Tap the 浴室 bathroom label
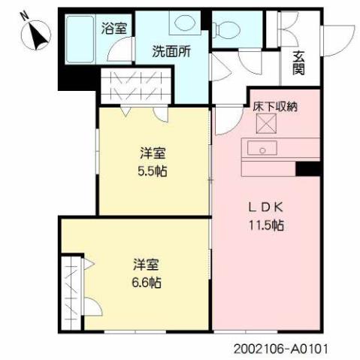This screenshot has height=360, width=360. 114,29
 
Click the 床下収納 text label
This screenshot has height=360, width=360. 274,106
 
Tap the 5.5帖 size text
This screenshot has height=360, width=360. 153,171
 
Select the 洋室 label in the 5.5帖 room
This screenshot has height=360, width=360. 153,153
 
